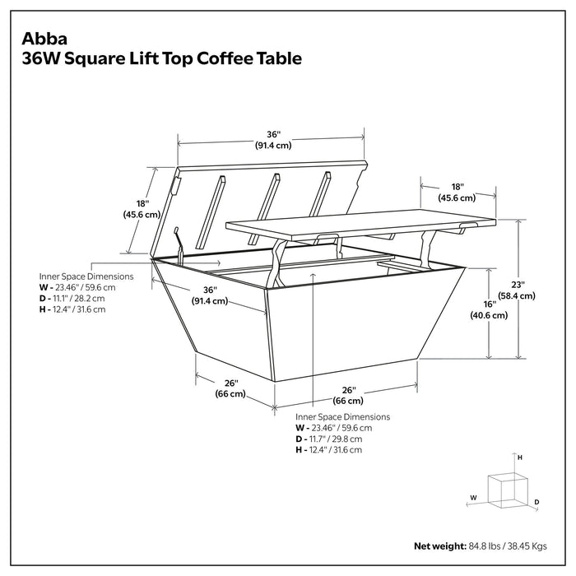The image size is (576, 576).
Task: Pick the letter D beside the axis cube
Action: pyautogui.click(x=536, y=501)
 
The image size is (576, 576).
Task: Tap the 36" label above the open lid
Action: pyautogui.click(x=273, y=134)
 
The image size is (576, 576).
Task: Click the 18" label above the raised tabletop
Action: pyautogui.click(x=458, y=187)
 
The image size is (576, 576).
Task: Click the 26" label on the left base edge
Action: pyautogui.click(x=231, y=383)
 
